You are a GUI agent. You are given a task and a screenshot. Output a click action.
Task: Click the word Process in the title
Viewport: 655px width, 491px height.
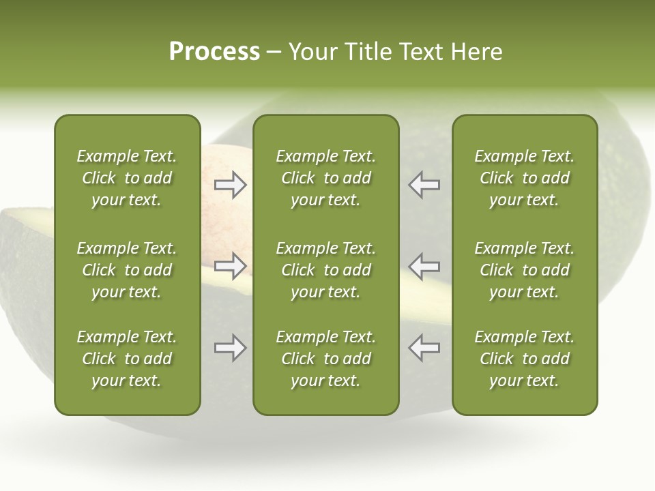coord(214,52)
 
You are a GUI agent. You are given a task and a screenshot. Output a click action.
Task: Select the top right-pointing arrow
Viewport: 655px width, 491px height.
coord(230,185)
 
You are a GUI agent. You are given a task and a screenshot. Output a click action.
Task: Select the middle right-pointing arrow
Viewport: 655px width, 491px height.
coord(230,266)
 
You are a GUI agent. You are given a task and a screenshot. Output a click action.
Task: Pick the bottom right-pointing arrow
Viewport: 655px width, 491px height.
coord(230,348)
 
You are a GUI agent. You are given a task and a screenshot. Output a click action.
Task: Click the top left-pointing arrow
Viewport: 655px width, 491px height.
coord(424,185)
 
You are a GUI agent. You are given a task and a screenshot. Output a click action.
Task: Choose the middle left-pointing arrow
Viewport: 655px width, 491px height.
coord(424,266)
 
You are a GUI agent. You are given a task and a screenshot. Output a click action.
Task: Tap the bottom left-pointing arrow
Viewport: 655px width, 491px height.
coord(424,348)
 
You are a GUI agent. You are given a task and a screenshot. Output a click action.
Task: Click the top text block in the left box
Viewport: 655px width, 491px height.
coord(127,178)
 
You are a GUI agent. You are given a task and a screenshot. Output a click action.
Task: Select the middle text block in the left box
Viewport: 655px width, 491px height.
coord(127,270)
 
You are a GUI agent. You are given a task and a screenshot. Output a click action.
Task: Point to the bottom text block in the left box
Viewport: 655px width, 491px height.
coord(127,359)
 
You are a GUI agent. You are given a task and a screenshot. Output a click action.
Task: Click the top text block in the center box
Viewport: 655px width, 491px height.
coord(326,178)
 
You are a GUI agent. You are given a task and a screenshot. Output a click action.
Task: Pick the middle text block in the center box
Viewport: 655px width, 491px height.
coord(326,270)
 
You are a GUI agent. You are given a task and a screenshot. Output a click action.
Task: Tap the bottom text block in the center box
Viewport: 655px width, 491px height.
coord(326,359)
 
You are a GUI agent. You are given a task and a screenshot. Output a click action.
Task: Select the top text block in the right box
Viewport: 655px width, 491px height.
coord(525,178)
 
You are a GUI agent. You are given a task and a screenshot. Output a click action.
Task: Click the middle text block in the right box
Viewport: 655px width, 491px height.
coord(525,270)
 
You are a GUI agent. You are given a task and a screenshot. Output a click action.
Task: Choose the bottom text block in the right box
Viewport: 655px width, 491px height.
coord(525,359)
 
